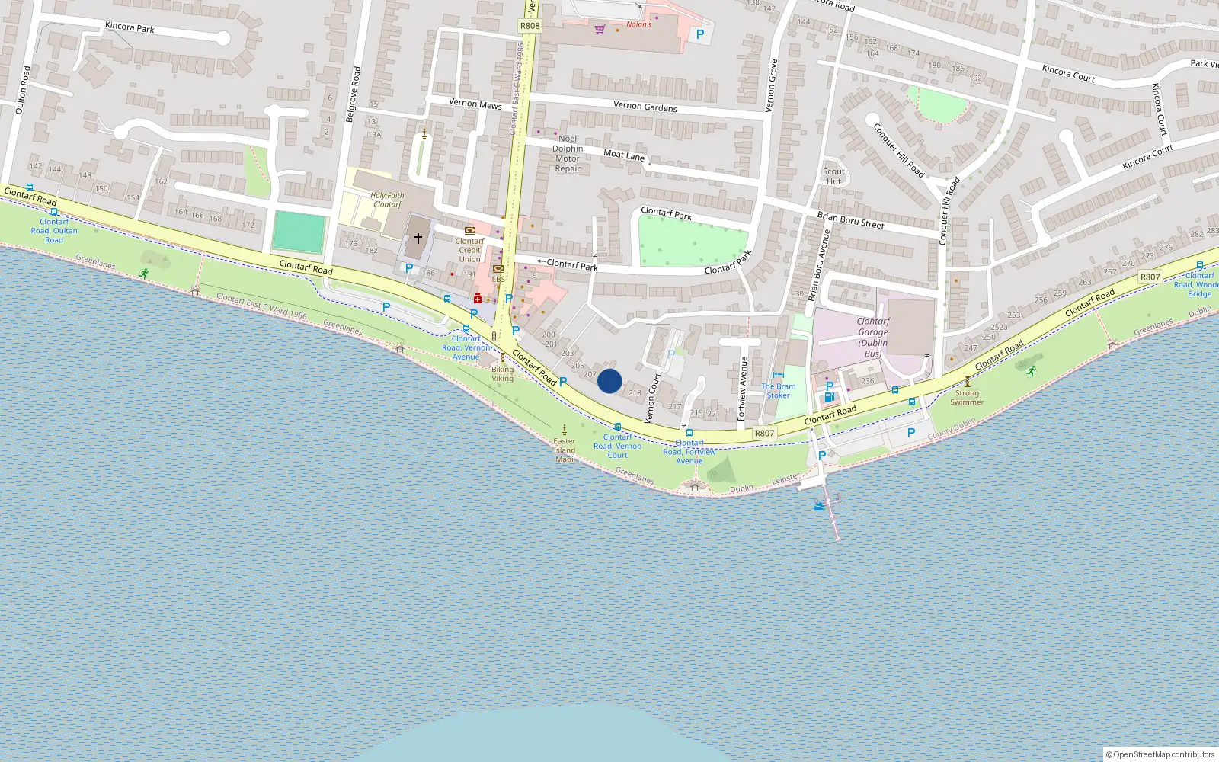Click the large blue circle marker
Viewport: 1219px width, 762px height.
tap(609, 381)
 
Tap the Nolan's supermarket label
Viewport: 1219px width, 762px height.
tap(638, 24)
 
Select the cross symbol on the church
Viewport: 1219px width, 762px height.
tap(418, 239)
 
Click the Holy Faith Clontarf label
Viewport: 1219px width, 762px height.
tap(387, 200)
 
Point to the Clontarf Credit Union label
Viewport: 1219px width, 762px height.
tap(469, 250)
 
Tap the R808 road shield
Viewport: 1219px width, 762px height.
tap(530, 26)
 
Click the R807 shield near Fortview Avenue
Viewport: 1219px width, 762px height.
tap(764, 433)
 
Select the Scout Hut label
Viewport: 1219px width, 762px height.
tap(833, 176)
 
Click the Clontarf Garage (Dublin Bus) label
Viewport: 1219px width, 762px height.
tap(873, 338)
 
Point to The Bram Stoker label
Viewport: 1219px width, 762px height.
tap(778, 391)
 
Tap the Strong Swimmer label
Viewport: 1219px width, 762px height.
tap(967, 398)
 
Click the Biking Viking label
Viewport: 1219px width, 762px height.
tap(502, 374)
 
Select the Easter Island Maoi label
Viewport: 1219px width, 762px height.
tap(565, 450)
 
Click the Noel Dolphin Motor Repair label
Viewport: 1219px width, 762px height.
tap(568, 154)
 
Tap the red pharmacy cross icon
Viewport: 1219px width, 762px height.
tap(478, 298)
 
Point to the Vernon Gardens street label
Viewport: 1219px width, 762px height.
tap(645, 107)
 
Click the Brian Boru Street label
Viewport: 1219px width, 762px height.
tap(850, 220)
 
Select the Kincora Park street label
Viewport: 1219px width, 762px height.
tap(130, 27)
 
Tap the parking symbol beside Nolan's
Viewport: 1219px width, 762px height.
tap(699, 34)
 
